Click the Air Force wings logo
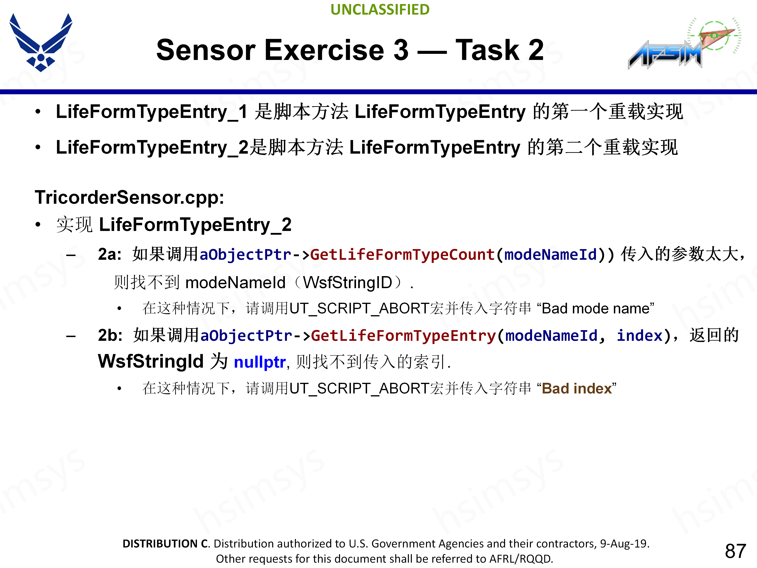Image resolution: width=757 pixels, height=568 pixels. tap(41, 42)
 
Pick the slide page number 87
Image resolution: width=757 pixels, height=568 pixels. tap(735, 551)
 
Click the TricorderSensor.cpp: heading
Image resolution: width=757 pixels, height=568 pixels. tap(129, 198)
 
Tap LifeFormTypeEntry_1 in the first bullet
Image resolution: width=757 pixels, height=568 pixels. tap(151, 112)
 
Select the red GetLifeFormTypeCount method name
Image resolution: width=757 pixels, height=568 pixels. tap(402, 255)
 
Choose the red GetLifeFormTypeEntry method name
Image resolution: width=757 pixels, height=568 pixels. tap(403, 336)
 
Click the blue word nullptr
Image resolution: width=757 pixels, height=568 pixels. tap(259, 362)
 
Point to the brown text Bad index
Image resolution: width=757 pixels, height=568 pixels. tap(577, 389)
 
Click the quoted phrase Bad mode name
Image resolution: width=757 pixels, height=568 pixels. tap(596, 308)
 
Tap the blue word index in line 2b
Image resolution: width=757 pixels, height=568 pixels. tap(639, 336)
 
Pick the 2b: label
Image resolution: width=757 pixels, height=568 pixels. tap(110, 335)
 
